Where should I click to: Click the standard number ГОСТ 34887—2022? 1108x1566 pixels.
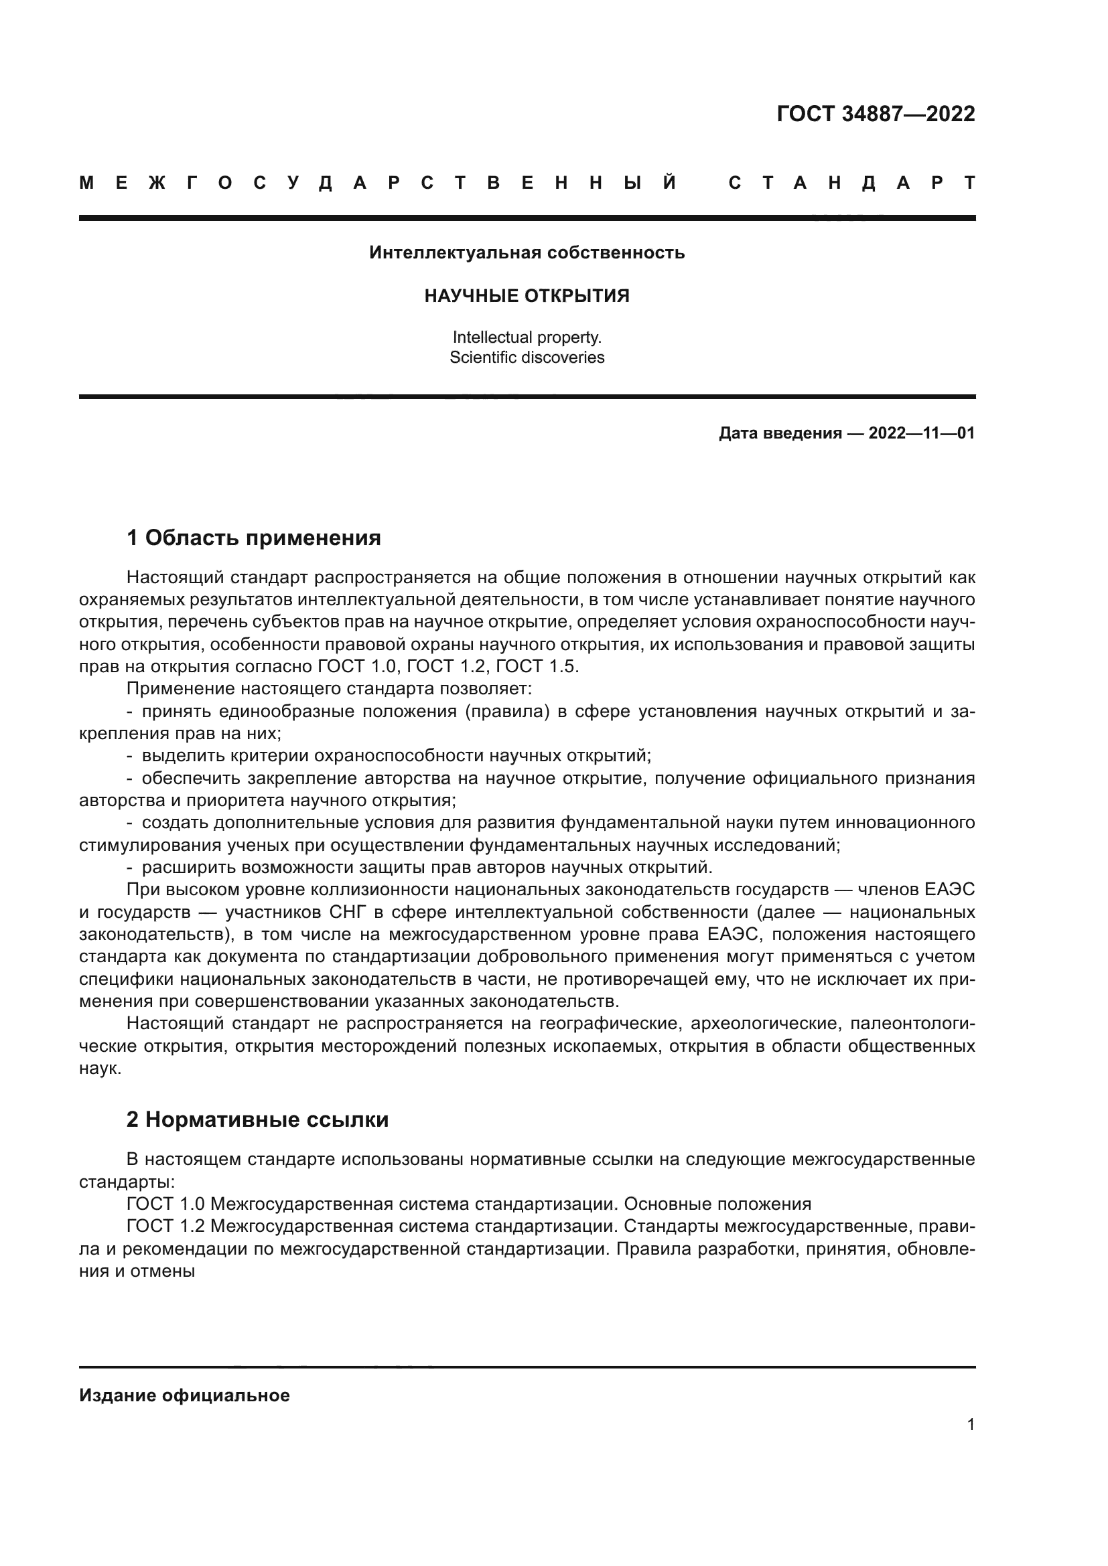coord(876,114)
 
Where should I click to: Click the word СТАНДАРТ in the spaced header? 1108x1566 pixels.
coord(851,183)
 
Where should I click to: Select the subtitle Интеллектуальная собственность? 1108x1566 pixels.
coord(527,253)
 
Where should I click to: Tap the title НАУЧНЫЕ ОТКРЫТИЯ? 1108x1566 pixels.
coord(527,296)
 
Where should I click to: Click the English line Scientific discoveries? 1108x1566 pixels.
coord(527,358)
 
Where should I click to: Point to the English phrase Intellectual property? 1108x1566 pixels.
coord(527,337)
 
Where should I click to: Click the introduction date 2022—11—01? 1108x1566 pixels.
coord(921,433)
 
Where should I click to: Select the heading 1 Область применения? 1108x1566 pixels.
coord(254,538)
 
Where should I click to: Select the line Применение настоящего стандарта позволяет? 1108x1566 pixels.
coord(328,689)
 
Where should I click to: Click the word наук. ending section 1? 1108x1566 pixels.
coord(100,1069)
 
